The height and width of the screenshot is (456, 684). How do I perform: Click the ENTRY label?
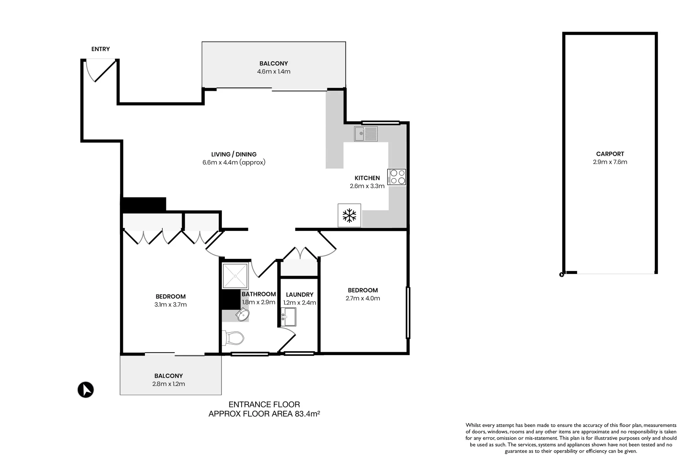101,49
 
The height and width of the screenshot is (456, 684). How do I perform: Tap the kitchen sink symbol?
366,134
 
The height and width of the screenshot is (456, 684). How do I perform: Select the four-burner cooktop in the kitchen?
397,177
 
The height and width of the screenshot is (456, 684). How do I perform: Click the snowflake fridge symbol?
349,215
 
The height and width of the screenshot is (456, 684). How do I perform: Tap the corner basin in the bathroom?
243,315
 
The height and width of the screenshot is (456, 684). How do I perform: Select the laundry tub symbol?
289,317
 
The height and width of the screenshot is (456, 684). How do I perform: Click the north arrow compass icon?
86,389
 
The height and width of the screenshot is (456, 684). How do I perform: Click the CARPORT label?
610,154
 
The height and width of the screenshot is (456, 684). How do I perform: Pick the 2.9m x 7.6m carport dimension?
610,162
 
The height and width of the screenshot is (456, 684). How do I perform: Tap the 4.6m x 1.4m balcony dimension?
274,72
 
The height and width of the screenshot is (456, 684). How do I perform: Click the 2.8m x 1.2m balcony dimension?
169,384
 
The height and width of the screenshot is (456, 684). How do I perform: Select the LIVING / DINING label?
234,155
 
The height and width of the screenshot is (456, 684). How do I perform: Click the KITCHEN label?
367,178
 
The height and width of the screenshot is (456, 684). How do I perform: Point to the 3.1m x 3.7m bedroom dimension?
170,305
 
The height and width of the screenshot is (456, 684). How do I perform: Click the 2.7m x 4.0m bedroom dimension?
362,299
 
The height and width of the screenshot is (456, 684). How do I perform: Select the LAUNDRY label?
300,295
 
